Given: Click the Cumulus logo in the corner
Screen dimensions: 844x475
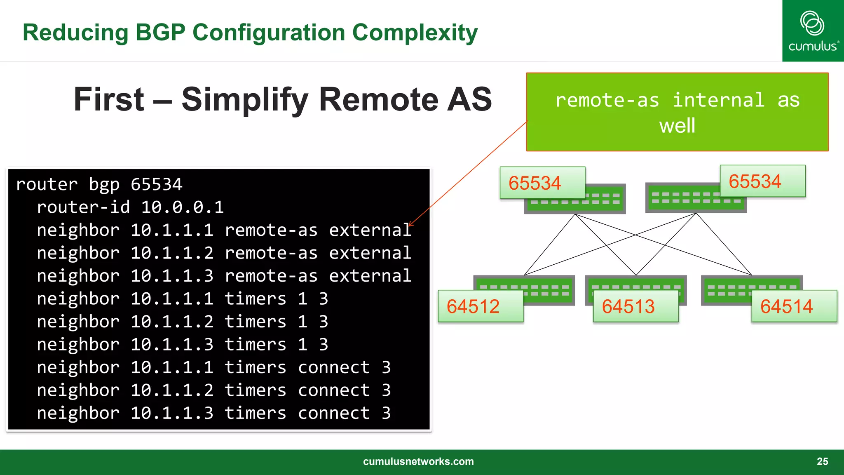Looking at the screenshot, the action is pos(813,31).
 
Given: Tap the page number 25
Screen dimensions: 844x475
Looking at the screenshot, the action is pos(822,461).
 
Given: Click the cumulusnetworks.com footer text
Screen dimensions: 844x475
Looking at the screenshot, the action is pos(418,461).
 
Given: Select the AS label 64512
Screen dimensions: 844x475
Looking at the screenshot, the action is pos(473,306).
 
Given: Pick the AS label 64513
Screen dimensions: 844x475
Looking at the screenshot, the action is pos(628,306).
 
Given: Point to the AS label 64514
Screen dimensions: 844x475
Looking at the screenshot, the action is pos(786,306).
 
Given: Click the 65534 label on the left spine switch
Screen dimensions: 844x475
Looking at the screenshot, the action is pos(535,183).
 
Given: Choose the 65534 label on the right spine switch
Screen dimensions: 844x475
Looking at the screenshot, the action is pos(755,181).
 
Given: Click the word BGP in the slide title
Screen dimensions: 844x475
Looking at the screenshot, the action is pos(160,33).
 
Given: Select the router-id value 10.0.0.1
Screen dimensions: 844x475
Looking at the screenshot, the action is pos(182,207).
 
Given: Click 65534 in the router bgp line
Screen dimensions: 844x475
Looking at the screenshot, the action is pos(156,184).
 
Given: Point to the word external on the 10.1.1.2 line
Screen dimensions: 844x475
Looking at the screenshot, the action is pos(370,253).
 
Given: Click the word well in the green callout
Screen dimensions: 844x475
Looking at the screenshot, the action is pos(677,125).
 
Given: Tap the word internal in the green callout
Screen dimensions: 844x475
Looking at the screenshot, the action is pos(718,100).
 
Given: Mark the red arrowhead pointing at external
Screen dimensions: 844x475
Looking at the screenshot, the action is pos(410,224).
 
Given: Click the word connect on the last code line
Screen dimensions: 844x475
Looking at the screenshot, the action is pos(334,413).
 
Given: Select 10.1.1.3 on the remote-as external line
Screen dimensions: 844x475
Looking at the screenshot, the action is pos(172,276).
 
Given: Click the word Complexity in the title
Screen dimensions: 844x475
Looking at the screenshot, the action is pos(415,33).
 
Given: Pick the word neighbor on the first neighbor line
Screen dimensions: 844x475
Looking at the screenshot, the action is pos(78,230).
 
